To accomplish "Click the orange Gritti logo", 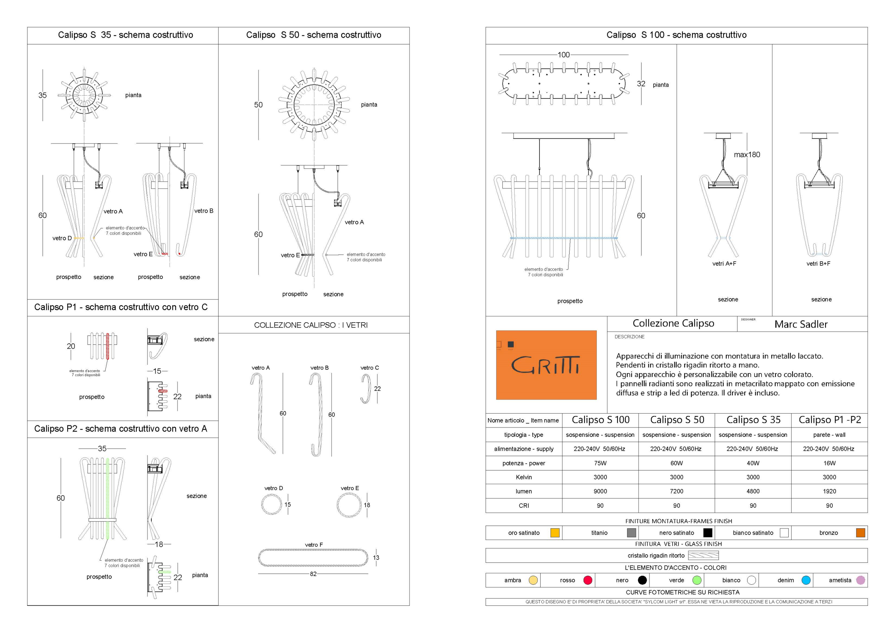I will click(546, 365).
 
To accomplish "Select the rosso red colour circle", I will click(588, 580).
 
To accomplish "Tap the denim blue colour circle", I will click(806, 580).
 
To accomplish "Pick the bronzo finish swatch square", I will click(860, 532).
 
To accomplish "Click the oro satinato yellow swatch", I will click(555, 532).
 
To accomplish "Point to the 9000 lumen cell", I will click(600, 491).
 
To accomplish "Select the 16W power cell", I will click(829, 463).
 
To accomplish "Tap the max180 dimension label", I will click(746, 155).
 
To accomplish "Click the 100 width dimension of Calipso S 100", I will click(563, 55).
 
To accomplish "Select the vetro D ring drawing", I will click(272, 505).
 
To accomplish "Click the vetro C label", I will click(369, 368).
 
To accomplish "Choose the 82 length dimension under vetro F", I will click(313, 574).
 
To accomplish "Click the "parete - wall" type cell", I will click(829, 435).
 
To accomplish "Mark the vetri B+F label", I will click(818, 264).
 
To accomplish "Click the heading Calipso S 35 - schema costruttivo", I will click(126, 35).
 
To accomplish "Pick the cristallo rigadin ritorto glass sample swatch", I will click(703, 555).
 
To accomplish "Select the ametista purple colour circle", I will click(860, 580).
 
